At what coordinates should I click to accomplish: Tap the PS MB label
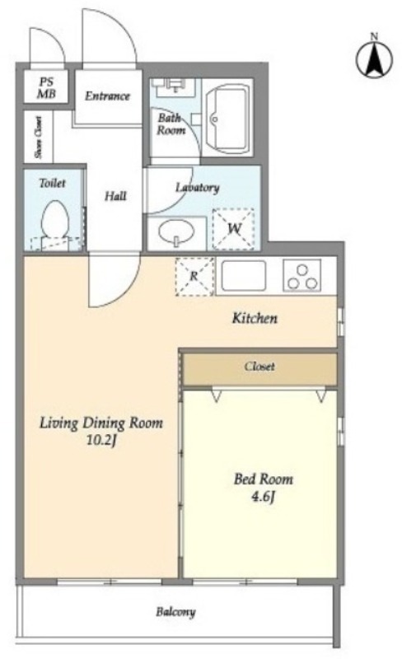[46, 88]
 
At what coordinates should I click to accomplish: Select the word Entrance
[107, 96]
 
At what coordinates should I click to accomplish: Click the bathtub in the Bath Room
[227, 118]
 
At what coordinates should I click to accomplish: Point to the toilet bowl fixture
[55, 219]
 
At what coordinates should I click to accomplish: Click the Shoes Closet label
[39, 137]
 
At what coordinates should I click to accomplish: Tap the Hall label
[115, 196]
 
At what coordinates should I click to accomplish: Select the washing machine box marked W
[233, 228]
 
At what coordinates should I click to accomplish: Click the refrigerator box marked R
[194, 276]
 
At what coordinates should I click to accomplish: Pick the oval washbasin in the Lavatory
[176, 231]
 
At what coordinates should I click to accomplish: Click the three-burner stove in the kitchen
[302, 276]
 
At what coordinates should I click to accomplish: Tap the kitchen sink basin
[244, 275]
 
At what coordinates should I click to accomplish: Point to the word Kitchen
[255, 318]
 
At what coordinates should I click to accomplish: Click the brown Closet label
[259, 367]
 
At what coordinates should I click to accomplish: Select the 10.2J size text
[101, 441]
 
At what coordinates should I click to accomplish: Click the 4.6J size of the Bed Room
[264, 498]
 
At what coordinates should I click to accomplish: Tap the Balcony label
[175, 611]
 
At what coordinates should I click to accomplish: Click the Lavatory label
[197, 188]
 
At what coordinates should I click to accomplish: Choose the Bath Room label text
[171, 124]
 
